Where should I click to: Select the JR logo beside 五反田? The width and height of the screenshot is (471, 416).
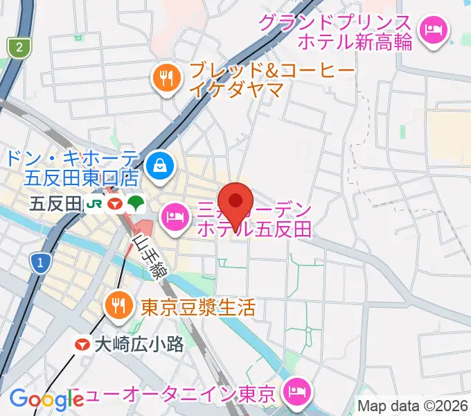click(94, 204)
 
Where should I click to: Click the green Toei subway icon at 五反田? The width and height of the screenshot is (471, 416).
click(135, 204)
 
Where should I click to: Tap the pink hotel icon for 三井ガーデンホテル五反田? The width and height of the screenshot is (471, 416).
click(173, 218)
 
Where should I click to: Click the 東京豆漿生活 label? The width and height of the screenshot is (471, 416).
click(198, 306)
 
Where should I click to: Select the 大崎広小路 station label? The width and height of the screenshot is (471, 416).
click(139, 343)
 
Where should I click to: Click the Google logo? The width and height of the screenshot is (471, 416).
click(46, 399)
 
